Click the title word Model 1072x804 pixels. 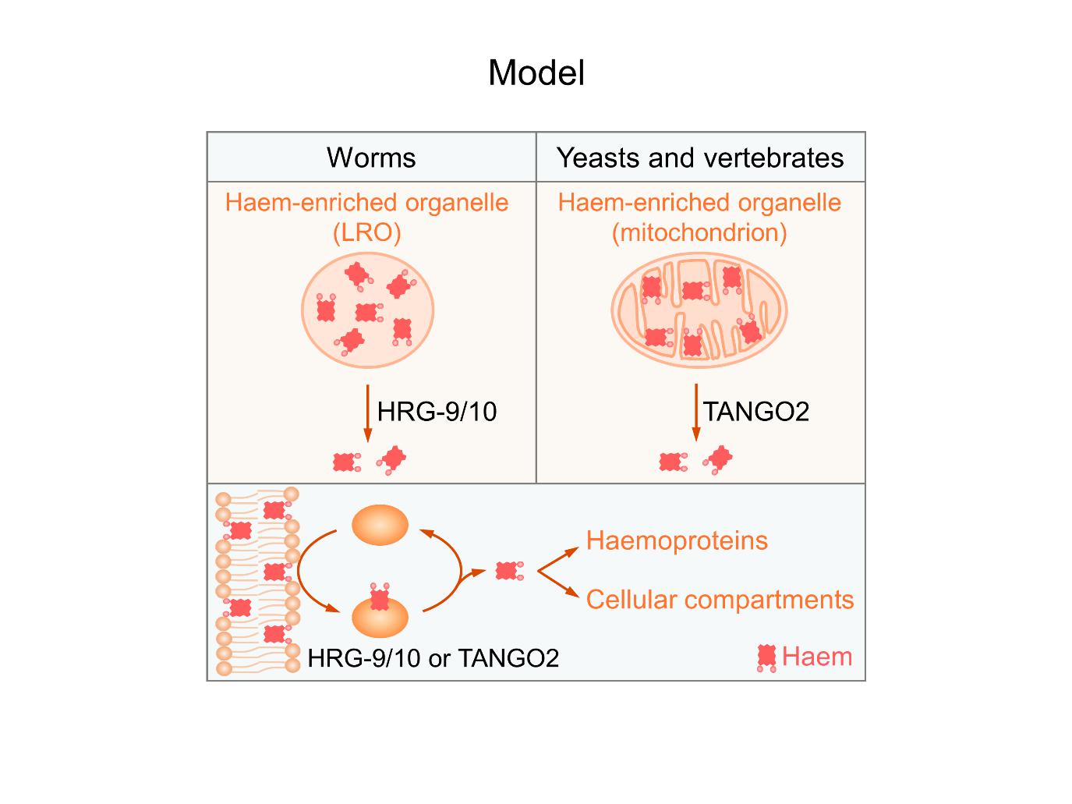[x=536, y=73]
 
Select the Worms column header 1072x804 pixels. [x=371, y=158]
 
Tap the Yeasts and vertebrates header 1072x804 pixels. [x=699, y=158]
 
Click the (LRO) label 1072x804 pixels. [x=366, y=232]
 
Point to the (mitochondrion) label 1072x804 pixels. [x=699, y=232]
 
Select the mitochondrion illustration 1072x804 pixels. [x=699, y=310]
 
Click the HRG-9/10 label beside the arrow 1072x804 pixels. [x=437, y=411]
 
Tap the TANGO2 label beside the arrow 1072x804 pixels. [x=756, y=411]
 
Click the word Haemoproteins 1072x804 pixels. [x=677, y=540]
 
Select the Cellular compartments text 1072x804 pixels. [x=720, y=599]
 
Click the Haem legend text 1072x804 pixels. [x=816, y=656]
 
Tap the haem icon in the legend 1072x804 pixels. [x=767, y=657]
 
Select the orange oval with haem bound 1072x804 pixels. [x=380, y=618]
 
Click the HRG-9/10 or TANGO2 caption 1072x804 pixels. [x=433, y=658]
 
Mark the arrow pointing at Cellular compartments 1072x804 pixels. [x=560, y=586]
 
